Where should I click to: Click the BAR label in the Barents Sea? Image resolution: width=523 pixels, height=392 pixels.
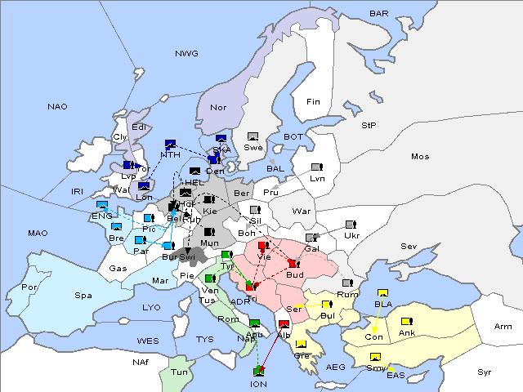point(378,14)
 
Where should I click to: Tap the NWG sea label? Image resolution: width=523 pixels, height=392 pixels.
point(186,54)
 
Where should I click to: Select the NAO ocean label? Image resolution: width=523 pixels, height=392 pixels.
point(57,107)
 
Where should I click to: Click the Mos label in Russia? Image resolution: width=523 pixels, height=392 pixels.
point(420,156)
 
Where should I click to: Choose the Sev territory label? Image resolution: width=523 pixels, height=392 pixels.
point(409,247)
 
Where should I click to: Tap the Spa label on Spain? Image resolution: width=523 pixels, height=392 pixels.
point(83,295)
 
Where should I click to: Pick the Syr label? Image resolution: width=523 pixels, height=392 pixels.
point(485,372)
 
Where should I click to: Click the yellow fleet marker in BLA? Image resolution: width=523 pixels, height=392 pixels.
point(382,293)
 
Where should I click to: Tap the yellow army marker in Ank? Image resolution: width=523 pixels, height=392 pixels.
point(406,321)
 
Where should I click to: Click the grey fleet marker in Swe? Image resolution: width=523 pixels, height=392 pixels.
point(253,136)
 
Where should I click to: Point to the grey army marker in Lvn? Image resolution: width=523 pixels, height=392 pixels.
point(316,167)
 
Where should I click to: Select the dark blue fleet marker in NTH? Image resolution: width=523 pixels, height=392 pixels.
point(171,144)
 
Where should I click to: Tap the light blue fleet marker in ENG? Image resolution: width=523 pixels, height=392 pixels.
point(102,205)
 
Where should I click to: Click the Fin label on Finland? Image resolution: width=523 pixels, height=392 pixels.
point(313,102)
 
